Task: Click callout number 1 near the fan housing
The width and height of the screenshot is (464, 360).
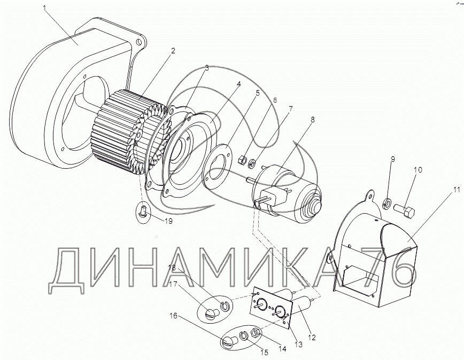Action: (x=45, y=8)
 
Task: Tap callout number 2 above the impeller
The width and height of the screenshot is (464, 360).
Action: (x=173, y=51)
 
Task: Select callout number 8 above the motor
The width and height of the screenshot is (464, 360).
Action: (x=313, y=120)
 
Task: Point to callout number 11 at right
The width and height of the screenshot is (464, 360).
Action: (x=457, y=190)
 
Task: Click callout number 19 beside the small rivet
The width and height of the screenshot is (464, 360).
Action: (x=168, y=221)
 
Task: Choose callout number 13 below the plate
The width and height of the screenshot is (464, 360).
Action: (x=299, y=345)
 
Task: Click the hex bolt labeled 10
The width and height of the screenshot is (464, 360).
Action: (x=404, y=211)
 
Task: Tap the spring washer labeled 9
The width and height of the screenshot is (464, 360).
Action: (x=387, y=204)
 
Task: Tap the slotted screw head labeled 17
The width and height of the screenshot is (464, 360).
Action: (x=212, y=314)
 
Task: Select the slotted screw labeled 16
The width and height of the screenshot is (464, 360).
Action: (x=230, y=342)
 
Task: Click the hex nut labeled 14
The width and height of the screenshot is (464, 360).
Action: (x=256, y=333)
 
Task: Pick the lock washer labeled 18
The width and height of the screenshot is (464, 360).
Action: (x=226, y=306)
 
